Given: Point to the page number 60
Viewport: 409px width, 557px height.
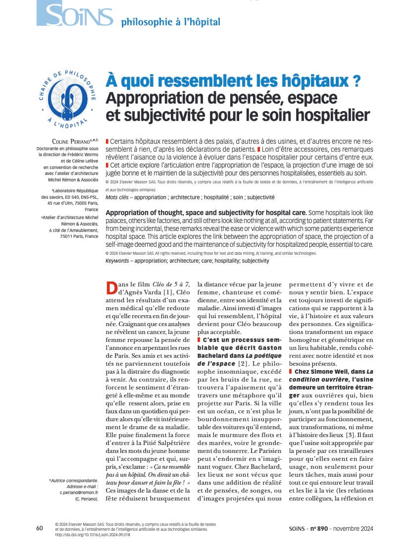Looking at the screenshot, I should click(40, 528).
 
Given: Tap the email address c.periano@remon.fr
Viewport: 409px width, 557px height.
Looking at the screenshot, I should click(79, 493).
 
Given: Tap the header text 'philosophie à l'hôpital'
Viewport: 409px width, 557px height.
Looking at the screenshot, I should click(170, 22).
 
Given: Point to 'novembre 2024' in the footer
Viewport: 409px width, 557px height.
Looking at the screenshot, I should click(354, 529).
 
